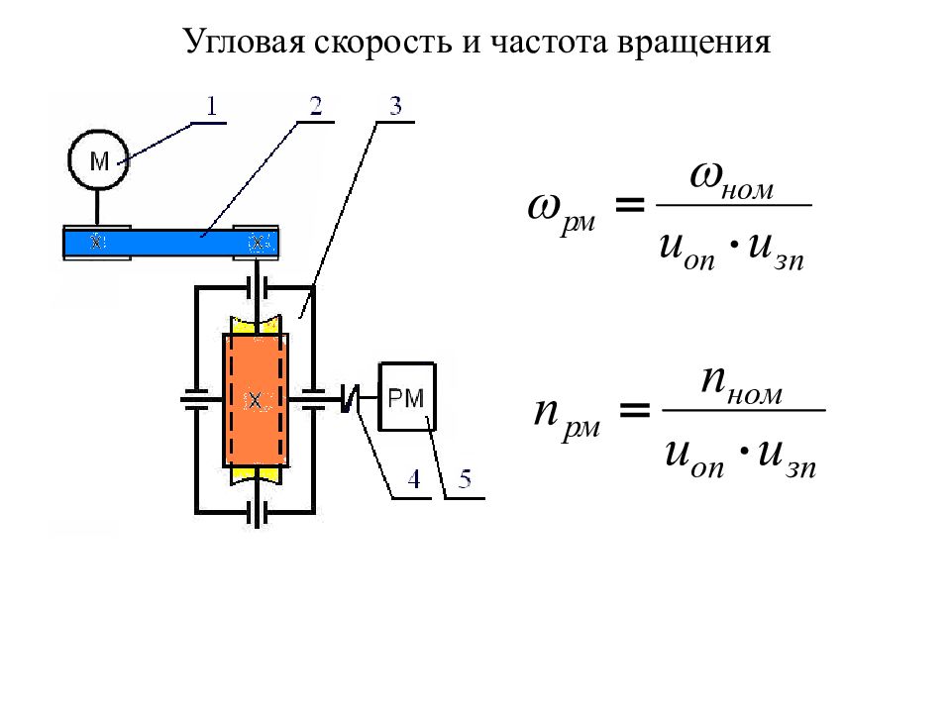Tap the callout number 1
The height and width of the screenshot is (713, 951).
click(211, 107)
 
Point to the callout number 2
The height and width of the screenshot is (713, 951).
click(315, 106)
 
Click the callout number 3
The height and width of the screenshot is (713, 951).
click(395, 106)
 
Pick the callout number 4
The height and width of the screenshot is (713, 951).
click(414, 479)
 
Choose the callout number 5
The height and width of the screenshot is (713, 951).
click(465, 479)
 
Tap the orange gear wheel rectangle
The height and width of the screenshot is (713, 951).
click(256, 399)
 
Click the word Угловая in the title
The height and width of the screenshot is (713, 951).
click(244, 43)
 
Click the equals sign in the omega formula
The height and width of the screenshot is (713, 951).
click(630, 205)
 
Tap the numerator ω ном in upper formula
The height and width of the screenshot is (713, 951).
click(732, 180)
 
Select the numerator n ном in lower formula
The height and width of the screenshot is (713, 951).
click(741, 386)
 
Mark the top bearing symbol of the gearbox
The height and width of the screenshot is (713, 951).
click(258, 287)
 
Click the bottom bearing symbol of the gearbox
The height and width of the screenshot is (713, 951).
click(258, 513)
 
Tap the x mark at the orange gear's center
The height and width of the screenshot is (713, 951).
click(256, 400)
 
